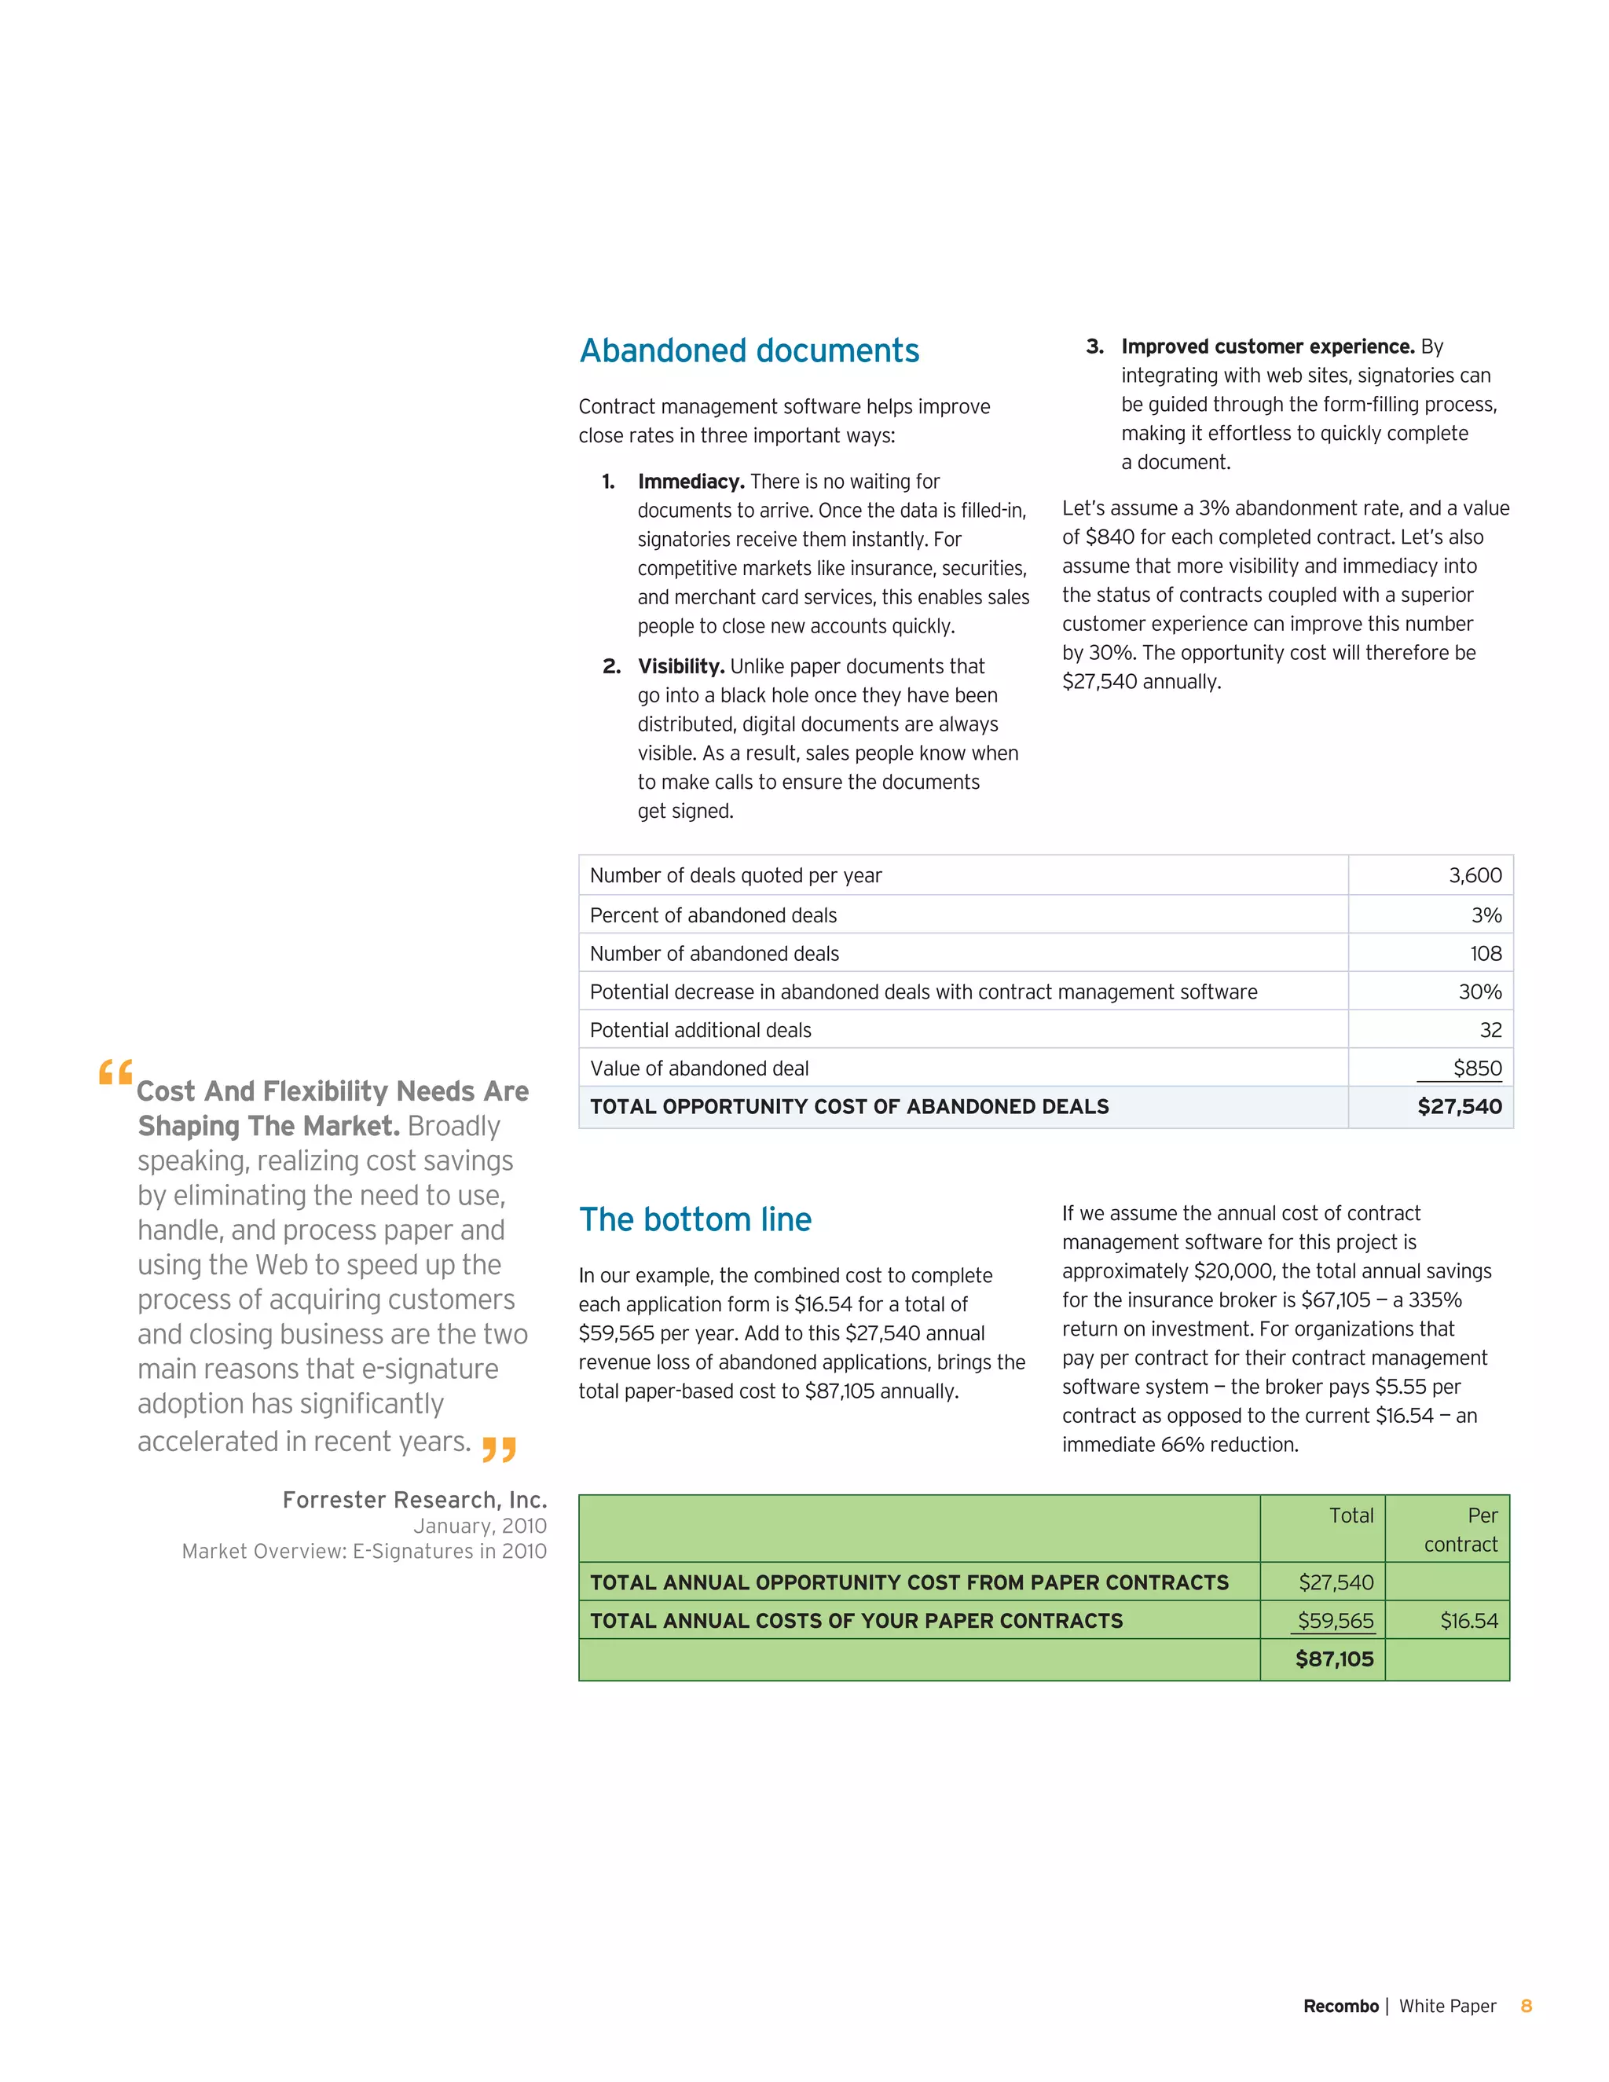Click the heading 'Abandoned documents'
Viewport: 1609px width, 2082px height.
(x=750, y=351)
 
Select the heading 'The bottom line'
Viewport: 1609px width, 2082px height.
(x=695, y=1219)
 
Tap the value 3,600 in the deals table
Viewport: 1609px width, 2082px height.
(x=1475, y=875)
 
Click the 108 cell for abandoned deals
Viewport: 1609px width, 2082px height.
(x=1485, y=953)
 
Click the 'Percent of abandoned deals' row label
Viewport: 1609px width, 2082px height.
(x=713, y=915)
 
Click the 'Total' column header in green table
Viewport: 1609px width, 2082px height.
(x=1351, y=1516)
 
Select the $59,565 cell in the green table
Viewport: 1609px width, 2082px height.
(x=1336, y=1621)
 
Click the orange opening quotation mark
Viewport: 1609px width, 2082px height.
(x=115, y=1073)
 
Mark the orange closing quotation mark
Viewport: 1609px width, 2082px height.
(x=499, y=1449)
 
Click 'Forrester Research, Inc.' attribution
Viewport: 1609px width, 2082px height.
(x=415, y=1500)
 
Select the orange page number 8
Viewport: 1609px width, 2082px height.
(x=1526, y=2006)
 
